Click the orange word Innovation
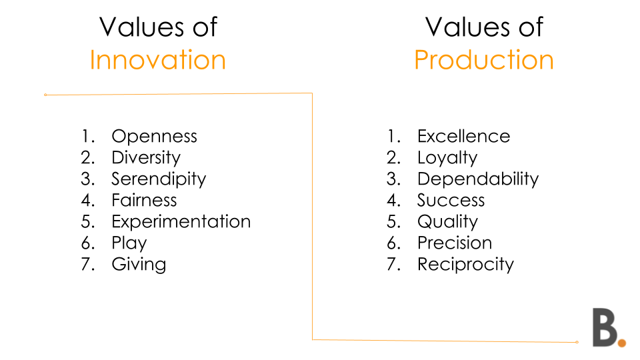157,59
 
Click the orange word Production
484,59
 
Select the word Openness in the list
154,136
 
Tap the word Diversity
146,158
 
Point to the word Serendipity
159,179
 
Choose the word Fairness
144,200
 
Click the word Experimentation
181,221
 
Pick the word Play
129,243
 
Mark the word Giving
139,265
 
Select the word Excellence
464,136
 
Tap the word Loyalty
447,158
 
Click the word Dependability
478,179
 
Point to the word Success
451,201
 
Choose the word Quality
447,221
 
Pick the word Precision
455,243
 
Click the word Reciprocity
465,265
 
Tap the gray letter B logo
605,327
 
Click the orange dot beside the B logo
621,343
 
